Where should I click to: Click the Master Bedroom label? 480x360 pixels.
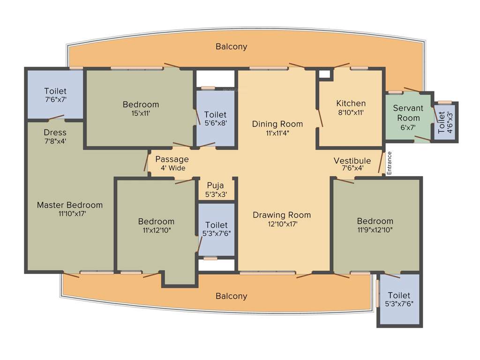click(69, 205)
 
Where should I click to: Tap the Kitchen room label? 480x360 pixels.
click(351, 104)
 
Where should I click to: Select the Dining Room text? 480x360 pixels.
click(277, 124)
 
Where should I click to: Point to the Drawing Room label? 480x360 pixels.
click(281, 215)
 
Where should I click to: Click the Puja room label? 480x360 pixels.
click(216, 186)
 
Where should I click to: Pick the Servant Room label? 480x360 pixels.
click(408, 113)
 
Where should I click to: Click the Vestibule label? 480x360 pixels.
click(352, 161)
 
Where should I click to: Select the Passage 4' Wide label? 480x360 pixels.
click(172, 163)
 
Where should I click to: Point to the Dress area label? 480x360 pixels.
click(55, 133)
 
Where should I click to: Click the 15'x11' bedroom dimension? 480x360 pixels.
click(141, 113)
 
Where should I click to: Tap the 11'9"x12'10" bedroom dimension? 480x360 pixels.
click(375, 230)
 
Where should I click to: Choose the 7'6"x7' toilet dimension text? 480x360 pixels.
click(55, 99)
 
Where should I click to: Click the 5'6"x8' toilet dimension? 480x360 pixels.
click(216, 123)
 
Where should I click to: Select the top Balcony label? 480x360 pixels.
click(231, 47)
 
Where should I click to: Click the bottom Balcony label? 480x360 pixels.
click(231, 296)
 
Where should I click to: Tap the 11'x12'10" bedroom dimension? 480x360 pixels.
click(156, 230)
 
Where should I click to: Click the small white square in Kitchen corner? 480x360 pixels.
click(323, 74)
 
